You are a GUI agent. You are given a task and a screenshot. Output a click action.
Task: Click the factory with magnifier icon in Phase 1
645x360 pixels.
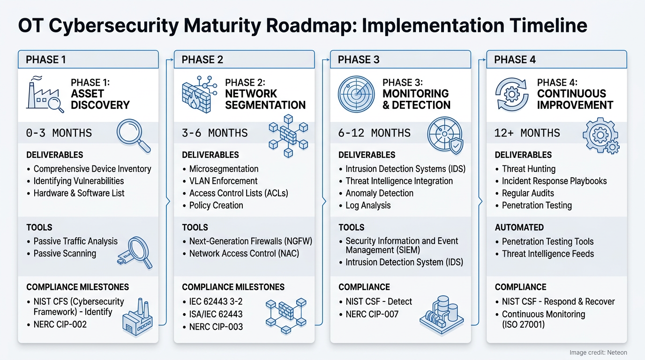(x=45, y=93)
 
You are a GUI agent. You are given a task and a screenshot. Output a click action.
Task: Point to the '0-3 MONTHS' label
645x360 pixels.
(x=59, y=133)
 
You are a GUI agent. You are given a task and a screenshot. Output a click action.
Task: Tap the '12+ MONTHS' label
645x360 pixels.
(x=527, y=133)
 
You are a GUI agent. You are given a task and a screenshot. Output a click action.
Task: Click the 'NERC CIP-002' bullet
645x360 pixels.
(x=60, y=324)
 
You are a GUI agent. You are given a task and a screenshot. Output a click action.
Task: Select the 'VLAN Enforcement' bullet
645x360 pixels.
(x=223, y=181)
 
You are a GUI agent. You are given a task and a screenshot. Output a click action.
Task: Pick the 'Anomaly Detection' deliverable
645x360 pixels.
(x=379, y=193)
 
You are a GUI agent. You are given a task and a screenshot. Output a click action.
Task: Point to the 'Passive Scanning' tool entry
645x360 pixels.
(x=65, y=254)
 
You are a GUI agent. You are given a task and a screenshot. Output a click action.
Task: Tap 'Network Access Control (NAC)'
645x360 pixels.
(x=244, y=254)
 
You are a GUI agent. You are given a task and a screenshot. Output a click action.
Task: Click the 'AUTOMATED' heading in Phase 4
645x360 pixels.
(x=519, y=227)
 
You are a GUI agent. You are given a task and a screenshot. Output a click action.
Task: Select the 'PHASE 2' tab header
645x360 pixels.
(x=202, y=60)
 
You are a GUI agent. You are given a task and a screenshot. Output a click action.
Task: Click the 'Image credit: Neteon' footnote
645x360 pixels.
(x=598, y=352)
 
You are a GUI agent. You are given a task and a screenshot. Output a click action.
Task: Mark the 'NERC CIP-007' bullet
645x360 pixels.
(x=372, y=314)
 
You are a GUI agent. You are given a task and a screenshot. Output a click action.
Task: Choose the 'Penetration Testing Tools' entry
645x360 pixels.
(x=547, y=242)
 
